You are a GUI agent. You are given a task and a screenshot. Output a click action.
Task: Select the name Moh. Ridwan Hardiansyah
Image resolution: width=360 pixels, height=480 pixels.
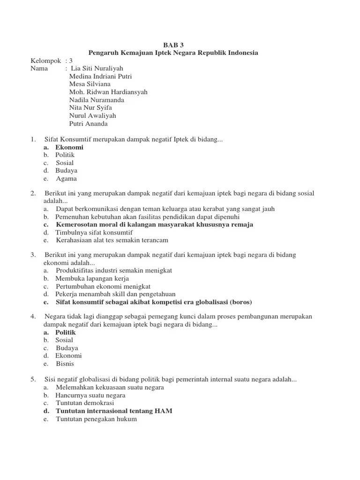point(108,92)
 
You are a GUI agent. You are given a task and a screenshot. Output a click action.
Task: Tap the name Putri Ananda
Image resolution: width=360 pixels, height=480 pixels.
point(89,124)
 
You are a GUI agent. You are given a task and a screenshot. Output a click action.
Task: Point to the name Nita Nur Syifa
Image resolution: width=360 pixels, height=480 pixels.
point(90,108)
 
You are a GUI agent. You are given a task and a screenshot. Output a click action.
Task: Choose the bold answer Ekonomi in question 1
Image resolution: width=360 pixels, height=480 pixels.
point(69,147)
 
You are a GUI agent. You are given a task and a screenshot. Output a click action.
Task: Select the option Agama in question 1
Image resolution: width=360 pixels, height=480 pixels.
point(66,179)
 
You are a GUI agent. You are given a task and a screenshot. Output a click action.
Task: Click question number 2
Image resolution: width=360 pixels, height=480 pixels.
point(33,193)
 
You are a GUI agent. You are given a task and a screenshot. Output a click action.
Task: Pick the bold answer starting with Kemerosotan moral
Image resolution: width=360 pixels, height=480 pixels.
point(154,225)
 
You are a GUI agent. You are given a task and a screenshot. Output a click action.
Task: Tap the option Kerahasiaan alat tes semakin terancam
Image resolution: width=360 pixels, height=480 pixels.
point(112,240)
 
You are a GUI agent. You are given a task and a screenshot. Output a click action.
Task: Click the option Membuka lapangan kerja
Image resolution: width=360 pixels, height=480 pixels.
point(93,278)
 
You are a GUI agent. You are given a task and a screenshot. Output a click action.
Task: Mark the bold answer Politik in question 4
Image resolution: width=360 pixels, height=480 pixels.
point(66,332)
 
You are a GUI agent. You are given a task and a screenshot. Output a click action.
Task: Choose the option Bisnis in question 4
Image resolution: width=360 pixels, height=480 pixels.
point(65,364)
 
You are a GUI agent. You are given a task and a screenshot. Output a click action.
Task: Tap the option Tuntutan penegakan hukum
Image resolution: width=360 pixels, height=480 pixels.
point(96,419)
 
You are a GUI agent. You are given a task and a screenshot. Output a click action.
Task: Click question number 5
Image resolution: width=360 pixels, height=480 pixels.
point(33,380)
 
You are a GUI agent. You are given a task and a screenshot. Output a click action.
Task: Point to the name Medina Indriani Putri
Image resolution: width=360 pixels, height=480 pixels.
point(100,76)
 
